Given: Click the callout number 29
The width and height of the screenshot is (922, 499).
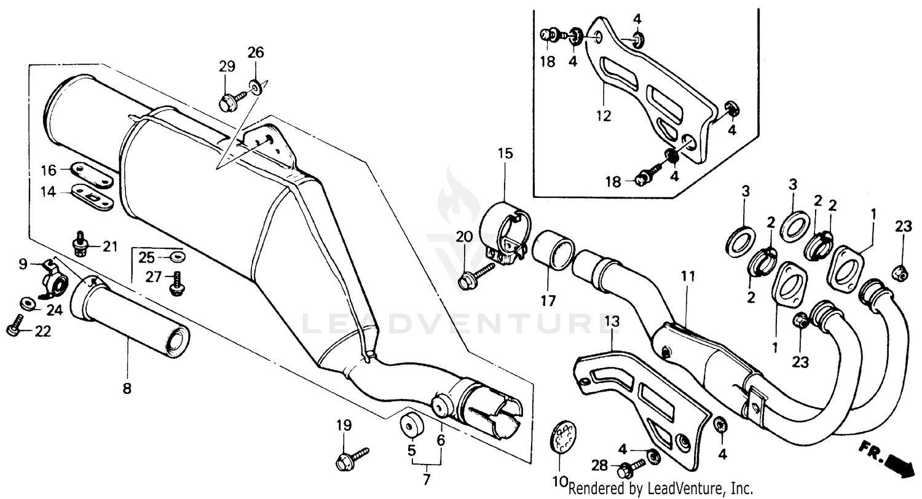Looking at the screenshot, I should click(227, 66).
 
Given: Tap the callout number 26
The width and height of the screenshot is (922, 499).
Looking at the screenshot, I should click(256, 53).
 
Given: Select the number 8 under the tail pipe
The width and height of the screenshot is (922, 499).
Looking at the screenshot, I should click(128, 388).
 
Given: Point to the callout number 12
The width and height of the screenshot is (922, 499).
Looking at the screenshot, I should click(604, 116).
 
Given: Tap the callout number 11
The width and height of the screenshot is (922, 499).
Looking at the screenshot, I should click(688, 277).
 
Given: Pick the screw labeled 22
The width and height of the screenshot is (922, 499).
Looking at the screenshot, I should click(15, 326).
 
